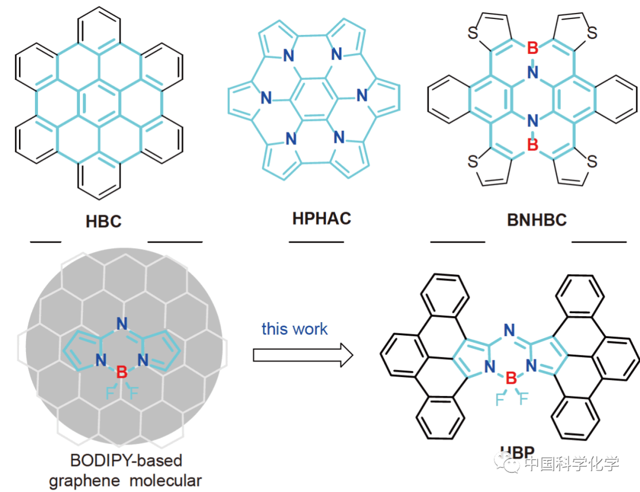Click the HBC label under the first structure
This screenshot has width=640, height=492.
point(104,222)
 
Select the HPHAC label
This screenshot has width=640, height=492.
point(321,218)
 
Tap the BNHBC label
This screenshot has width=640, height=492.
point(536,220)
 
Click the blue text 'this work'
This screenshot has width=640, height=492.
point(295,329)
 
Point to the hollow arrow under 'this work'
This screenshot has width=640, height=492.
point(303,355)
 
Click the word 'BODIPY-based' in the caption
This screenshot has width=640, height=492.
point(126,460)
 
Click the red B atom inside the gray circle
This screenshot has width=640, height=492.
point(121,372)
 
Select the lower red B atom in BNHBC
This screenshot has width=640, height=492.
point(532,145)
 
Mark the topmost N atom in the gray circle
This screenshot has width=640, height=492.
point(122,324)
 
